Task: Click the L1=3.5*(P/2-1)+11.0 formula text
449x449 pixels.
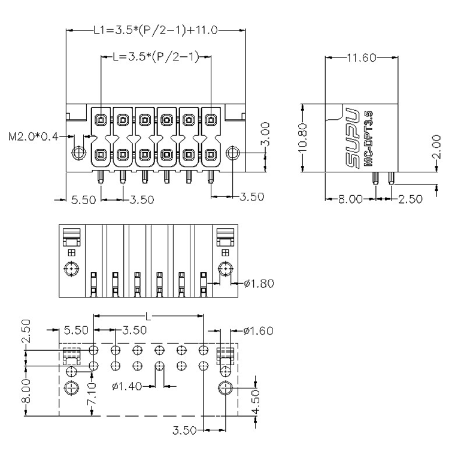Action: point(156,30)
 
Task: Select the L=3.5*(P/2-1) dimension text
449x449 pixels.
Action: point(156,56)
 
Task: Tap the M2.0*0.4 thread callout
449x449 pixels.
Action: point(34,136)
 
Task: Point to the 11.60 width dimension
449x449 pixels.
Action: point(362,58)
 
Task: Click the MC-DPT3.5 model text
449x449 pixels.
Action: point(368,139)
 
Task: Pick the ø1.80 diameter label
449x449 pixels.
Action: point(259,284)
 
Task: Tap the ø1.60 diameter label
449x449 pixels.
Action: point(258,330)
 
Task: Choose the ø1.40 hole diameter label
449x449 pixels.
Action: point(127,387)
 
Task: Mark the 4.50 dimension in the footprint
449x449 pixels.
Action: point(255,401)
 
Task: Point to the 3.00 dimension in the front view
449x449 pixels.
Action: point(266,134)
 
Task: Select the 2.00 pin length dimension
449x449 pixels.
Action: point(436,147)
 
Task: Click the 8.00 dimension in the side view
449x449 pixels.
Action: point(350,199)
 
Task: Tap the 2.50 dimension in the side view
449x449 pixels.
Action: point(410,199)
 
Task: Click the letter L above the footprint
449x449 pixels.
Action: point(148,317)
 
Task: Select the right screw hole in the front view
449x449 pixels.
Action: point(232,153)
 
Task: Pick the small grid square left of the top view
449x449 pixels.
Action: point(71,253)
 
